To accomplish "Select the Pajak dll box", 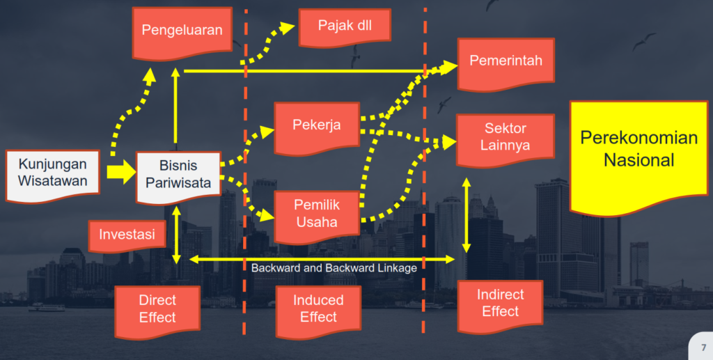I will click(x=344, y=26).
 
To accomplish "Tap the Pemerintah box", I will click(x=506, y=61).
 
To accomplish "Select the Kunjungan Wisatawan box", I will click(x=53, y=173).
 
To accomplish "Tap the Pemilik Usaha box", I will click(x=317, y=214).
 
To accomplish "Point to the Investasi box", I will click(x=127, y=234).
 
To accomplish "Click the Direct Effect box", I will click(x=157, y=308).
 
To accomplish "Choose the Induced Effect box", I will click(x=318, y=308).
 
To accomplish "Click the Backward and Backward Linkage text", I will click(x=334, y=268).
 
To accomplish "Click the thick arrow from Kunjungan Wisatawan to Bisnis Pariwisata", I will click(x=120, y=171).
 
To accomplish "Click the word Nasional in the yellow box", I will click(x=638, y=160).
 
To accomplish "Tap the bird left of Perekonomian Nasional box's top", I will click(x=443, y=104).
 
